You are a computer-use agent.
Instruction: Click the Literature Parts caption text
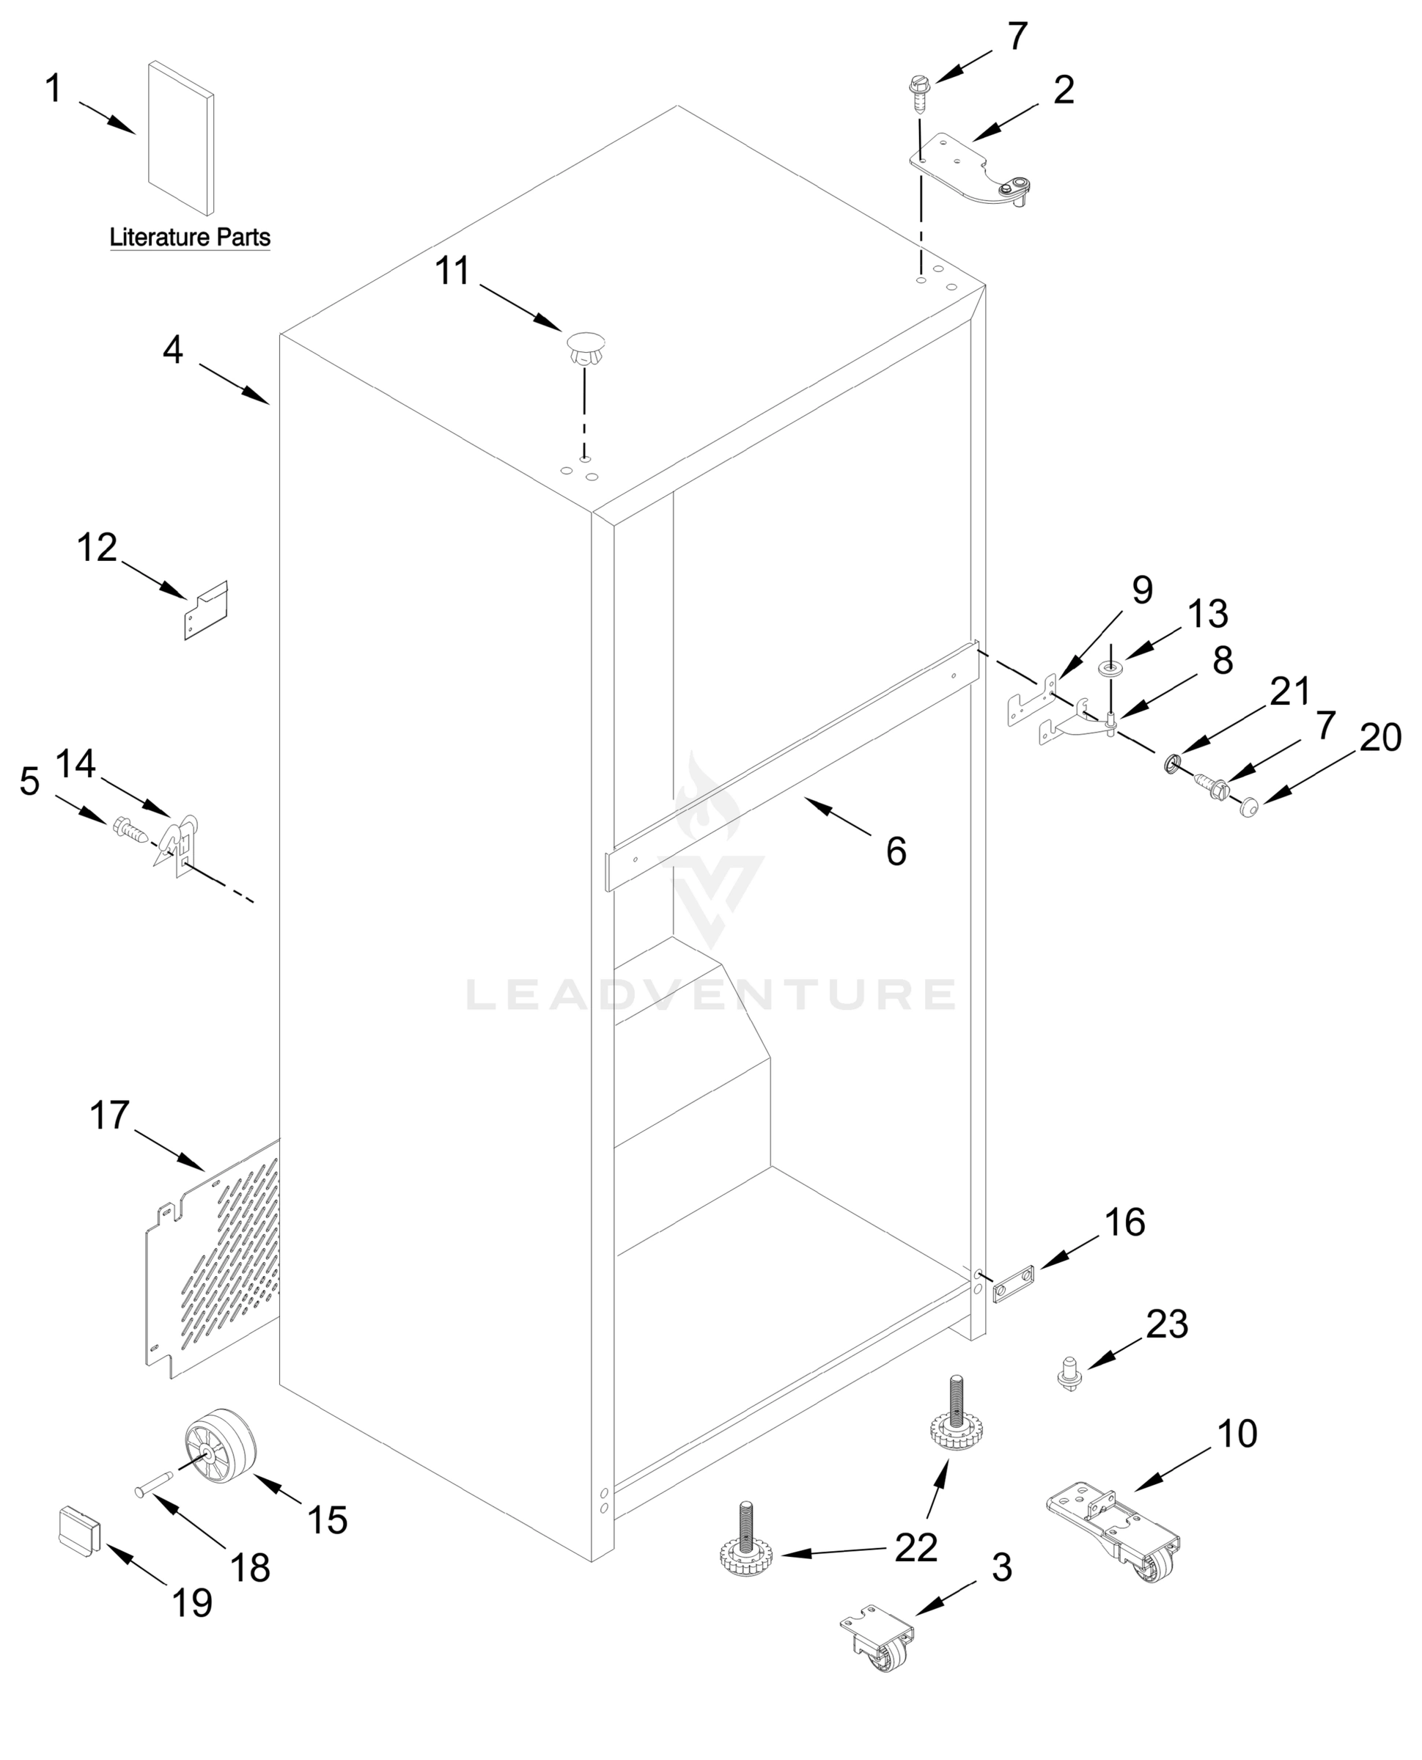click(x=190, y=238)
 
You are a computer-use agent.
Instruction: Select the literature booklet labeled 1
click(x=181, y=138)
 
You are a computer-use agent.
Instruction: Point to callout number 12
click(x=97, y=547)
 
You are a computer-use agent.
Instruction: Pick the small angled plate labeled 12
click(x=205, y=610)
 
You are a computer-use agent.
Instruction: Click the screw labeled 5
click(x=130, y=831)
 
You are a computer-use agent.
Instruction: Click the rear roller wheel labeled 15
click(x=221, y=1450)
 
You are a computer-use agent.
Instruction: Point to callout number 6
click(x=896, y=852)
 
